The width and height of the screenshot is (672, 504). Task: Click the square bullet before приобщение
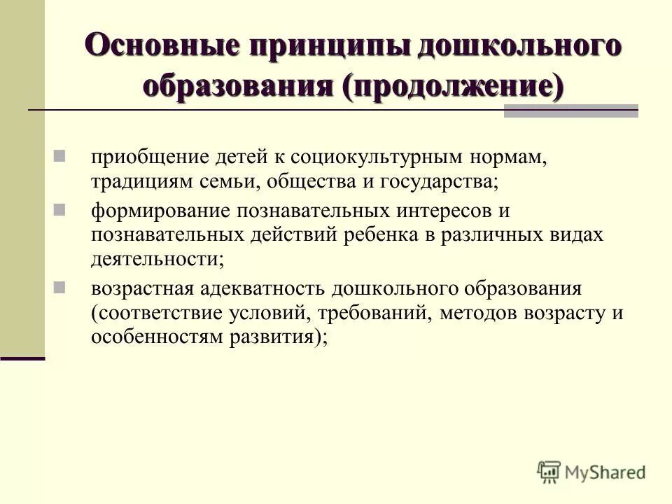click(x=59, y=155)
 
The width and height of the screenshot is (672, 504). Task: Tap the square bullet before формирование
click(x=59, y=209)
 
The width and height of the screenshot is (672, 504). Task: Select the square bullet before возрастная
click(x=59, y=286)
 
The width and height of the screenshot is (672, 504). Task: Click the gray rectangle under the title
click(x=570, y=111)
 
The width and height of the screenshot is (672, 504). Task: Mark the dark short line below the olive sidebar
click(x=22, y=358)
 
